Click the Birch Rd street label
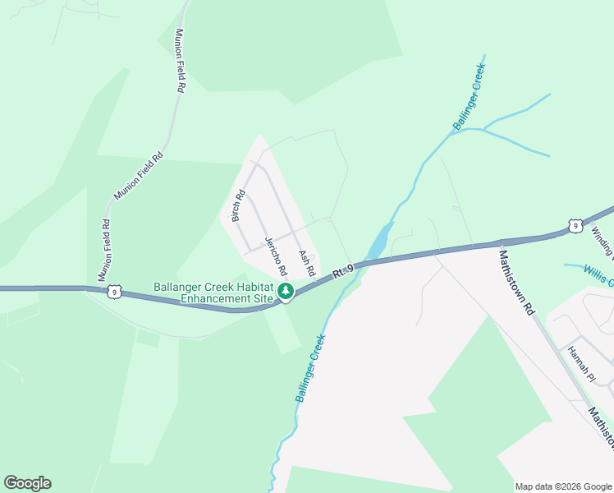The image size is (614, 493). point(239,206)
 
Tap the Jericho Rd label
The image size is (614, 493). point(276,256)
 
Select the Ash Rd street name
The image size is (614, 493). point(307,263)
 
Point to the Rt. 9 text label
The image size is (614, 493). point(343,270)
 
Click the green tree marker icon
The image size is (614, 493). point(285,292)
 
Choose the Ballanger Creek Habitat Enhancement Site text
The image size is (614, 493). point(213,293)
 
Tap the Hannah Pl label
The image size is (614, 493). point(580,362)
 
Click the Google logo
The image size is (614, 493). point(27,483)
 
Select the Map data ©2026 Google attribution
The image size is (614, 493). point(563,486)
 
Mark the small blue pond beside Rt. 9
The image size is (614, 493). point(378,243)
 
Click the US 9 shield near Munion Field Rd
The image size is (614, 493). point(113,291)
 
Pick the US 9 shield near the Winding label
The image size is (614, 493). point(576,225)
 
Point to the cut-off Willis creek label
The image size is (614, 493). point(598,275)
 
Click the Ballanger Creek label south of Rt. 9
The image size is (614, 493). point(311,367)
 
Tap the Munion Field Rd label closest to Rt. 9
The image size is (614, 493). point(105,249)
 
